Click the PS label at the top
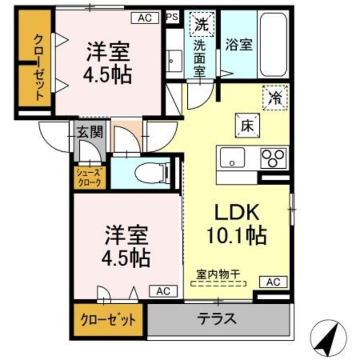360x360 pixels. click(x=172, y=17)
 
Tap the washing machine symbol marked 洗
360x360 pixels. click(x=201, y=24)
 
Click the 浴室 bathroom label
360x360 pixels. click(x=238, y=46)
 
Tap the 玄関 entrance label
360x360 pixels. click(x=89, y=133)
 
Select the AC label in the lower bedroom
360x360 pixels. click(x=163, y=291)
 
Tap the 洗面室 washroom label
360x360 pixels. click(x=199, y=57)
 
